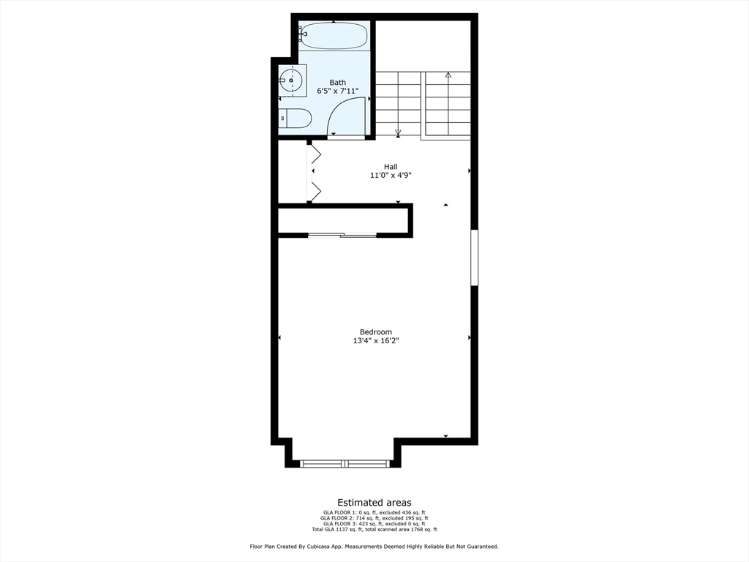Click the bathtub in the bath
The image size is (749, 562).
pos(334,35)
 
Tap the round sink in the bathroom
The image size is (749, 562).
pos(291,80)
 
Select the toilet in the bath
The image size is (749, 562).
pos(296,118)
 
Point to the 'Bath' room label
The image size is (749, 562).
pos(337,83)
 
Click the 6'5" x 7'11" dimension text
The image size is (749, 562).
pos(337,91)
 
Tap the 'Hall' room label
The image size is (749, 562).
pos(391,166)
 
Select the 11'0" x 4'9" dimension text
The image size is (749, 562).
pos(391,175)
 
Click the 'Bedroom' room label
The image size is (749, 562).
pos(375,331)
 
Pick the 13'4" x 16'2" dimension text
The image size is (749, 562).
pos(375,340)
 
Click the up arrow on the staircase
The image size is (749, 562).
pos(448,75)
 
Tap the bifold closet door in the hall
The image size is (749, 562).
pos(315,173)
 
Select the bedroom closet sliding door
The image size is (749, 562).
pos(342,235)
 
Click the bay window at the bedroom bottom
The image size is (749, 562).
pos(346,463)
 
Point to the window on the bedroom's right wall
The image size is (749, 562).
pos(474,258)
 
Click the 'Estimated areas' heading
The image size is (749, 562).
pos(374,503)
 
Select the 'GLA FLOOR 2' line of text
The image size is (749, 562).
pos(374,518)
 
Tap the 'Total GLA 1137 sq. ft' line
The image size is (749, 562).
pos(374,529)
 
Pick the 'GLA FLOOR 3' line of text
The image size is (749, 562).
pos(374,524)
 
